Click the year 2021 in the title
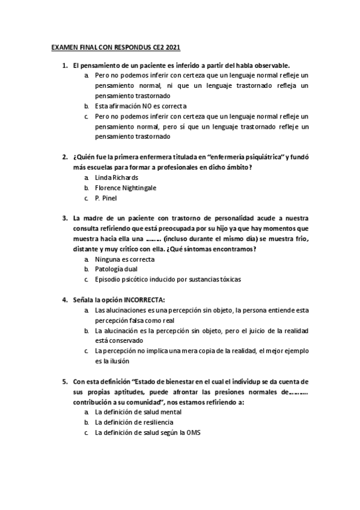pos(172,46)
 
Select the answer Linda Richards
pos(117,177)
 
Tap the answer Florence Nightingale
pos(126,188)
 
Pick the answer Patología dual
pos(116,269)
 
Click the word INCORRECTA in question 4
pos(144,300)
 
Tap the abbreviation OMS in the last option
pos(194,433)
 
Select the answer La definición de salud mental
pos(138,413)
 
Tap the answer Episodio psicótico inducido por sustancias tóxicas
pos(168,280)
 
